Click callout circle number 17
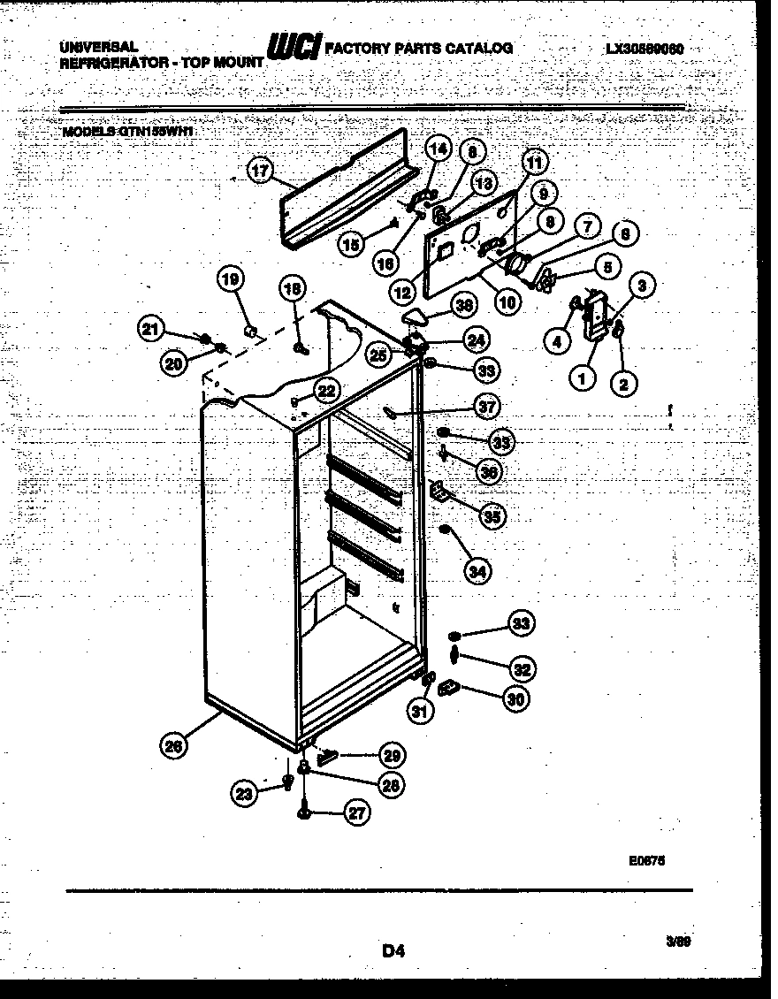(x=258, y=172)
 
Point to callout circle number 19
(x=230, y=281)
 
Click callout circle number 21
(x=151, y=329)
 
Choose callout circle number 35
(x=492, y=515)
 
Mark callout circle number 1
(x=582, y=380)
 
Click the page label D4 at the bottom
(x=393, y=951)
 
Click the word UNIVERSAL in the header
(x=98, y=45)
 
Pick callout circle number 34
(x=477, y=572)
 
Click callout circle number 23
(x=245, y=794)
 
